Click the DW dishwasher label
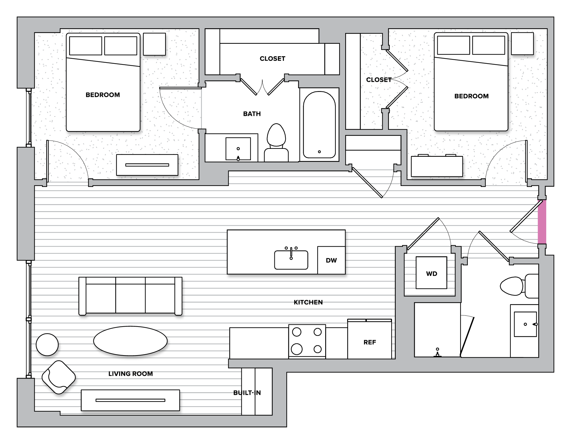pyautogui.click(x=331, y=261)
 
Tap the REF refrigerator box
pyautogui.click(x=370, y=340)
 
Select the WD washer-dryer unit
pyautogui.click(x=431, y=273)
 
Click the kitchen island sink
pyautogui.click(x=291, y=260)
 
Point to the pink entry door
pyautogui.click(x=542, y=222)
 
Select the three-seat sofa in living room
pyautogui.click(x=130, y=296)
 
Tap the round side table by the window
pyautogui.click(x=47, y=345)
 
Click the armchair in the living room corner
pyautogui.click(x=58, y=377)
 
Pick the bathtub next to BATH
pyautogui.click(x=319, y=125)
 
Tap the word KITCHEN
pyautogui.click(x=308, y=302)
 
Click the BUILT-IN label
pyautogui.click(x=247, y=393)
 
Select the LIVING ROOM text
pyautogui.click(x=131, y=374)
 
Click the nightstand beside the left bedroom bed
pyautogui.click(x=154, y=44)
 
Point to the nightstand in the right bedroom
pyautogui.click(x=522, y=43)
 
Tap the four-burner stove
pyautogui.click(x=307, y=341)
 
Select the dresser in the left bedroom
pyautogui.click(x=147, y=165)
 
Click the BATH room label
pyautogui.click(x=252, y=114)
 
